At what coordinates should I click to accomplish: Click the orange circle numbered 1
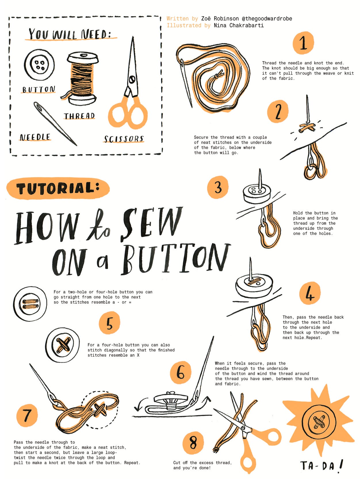(x=303, y=43)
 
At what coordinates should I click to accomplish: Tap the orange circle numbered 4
(x=310, y=293)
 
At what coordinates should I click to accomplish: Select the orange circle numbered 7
(x=27, y=415)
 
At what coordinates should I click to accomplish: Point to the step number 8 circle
(x=193, y=443)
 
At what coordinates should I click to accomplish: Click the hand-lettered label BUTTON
(x=39, y=89)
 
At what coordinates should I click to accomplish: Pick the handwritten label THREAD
(x=79, y=116)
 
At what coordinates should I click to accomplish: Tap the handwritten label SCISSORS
(x=124, y=139)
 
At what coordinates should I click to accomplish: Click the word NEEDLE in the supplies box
(x=35, y=137)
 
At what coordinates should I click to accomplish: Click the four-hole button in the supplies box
(x=39, y=65)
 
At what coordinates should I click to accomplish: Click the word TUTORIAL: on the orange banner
(x=58, y=188)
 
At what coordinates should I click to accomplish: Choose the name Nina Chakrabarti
(x=239, y=26)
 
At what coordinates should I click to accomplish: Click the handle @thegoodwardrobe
(x=267, y=19)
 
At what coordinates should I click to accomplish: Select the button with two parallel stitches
(x=30, y=304)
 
